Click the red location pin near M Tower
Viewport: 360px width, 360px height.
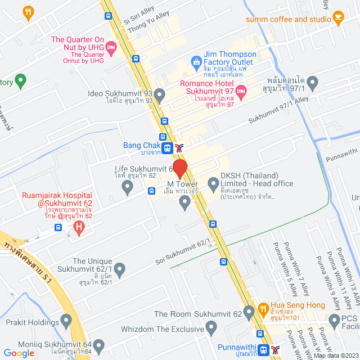pos(179,168)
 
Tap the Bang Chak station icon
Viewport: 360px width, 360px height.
pos(166,148)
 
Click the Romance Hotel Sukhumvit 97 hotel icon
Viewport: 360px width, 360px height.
pos(241,90)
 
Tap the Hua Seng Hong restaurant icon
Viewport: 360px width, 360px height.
pos(263,308)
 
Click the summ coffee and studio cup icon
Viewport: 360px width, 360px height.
pos(337,19)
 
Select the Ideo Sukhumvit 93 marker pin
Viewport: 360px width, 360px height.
pos(160,94)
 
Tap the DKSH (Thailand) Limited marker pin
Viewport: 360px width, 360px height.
pos(213,183)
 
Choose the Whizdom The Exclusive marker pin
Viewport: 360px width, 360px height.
pos(211,327)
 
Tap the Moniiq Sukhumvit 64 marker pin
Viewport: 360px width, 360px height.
pos(99,345)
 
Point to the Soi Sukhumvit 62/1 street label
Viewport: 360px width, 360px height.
pos(183,252)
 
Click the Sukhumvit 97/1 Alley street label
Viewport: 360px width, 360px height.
pos(278,109)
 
